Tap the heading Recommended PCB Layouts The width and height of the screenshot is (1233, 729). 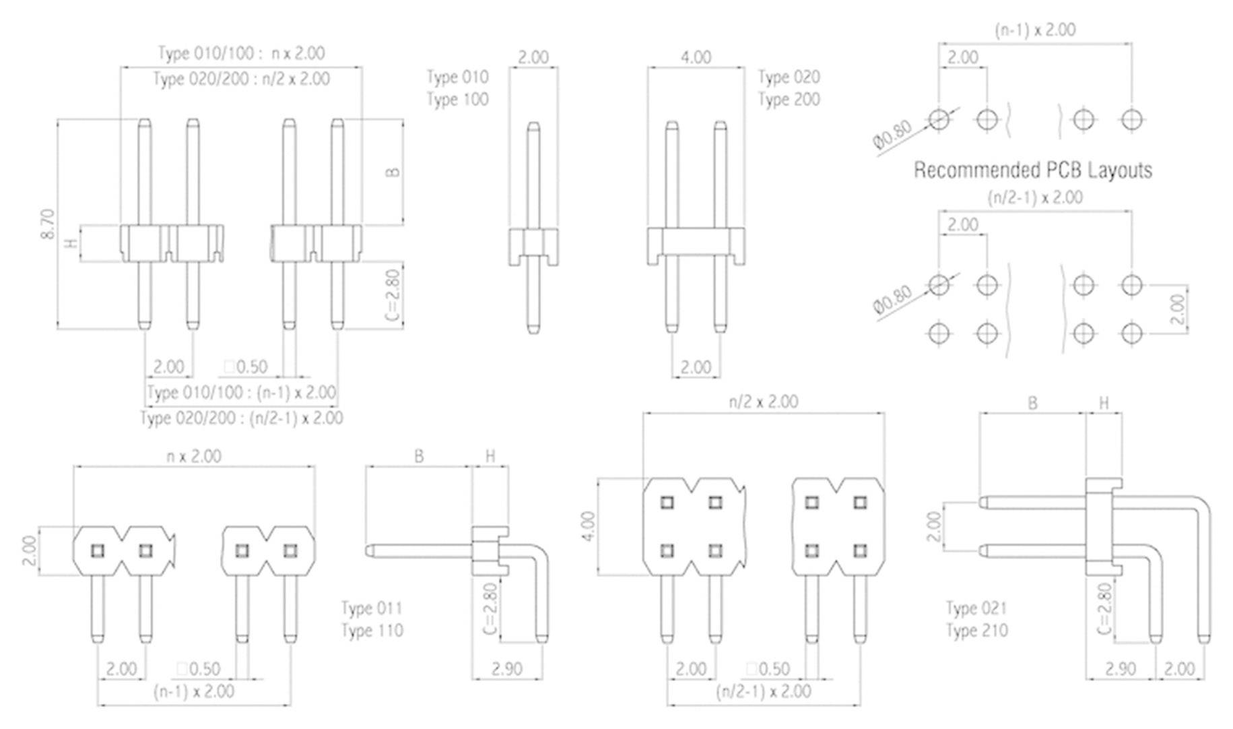[x=1032, y=170]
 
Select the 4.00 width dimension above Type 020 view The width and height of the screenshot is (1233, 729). [x=696, y=57]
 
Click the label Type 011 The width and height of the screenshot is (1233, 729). [x=372, y=608]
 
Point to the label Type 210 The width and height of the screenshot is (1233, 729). [x=976, y=631]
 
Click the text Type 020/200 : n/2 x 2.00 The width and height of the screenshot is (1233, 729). [x=241, y=79]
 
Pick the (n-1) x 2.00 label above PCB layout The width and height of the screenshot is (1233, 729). [x=1035, y=30]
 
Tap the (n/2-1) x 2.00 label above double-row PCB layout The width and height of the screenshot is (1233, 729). [x=1035, y=197]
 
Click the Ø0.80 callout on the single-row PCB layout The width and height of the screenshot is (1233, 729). [x=892, y=134]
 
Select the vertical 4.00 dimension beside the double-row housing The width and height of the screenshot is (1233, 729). [x=589, y=527]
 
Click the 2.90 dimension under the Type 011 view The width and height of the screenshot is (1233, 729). [x=506, y=668]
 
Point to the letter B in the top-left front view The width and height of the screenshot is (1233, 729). [x=393, y=172]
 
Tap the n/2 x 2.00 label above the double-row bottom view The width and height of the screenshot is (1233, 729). [x=763, y=402]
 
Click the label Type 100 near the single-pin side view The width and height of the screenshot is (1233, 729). [x=457, y=100]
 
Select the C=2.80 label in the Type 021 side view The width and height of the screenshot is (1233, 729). [x=1104, y=609]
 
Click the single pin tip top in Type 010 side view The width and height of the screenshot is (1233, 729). [x=533, y=125]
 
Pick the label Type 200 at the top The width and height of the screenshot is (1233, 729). [x=789, y=100]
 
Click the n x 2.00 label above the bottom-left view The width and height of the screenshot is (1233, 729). [x=194, y=456]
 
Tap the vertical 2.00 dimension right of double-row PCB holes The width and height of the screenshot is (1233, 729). [x=1177, y=309]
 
